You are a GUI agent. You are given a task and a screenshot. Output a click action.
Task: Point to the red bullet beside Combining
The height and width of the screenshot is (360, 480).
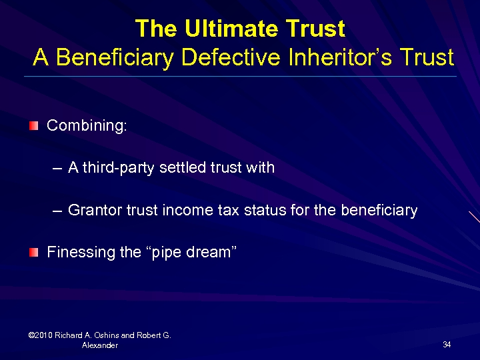pyautogui.click(x=34, y=125)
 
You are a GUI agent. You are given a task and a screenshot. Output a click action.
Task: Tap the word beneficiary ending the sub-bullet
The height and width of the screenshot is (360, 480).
pyautogui.click(x=379, y=211)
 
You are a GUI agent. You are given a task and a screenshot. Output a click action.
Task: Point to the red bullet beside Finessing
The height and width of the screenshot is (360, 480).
pyautogui.click(x=34, y=252)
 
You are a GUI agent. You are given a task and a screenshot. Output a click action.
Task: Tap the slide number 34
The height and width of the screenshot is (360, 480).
pyautogui.click(x=447, y=344)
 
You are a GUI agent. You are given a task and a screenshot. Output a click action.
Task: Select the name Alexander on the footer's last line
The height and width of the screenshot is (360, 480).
pyautogui.click(x=100, y=345)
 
